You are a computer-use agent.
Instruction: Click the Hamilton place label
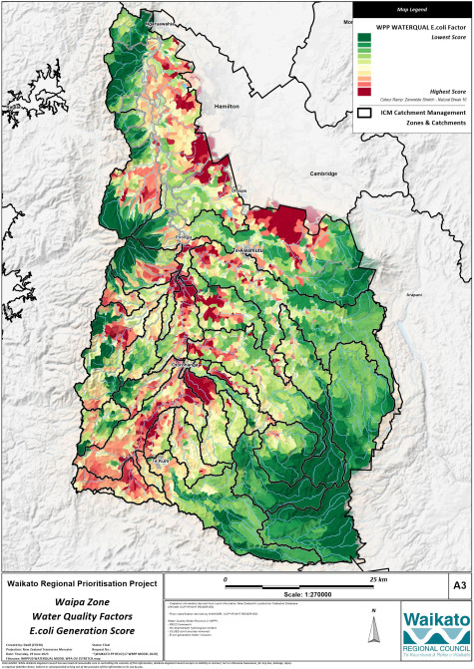(x=229, y=103)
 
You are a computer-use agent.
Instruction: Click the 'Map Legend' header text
(x=410, y=6)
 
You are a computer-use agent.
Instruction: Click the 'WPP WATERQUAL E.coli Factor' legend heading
(x=412, y=22)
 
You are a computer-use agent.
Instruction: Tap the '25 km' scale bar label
(x=350, y=579)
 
